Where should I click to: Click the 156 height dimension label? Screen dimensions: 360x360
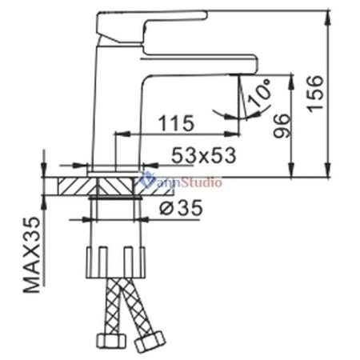[314, 94]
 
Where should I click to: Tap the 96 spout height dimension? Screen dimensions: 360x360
[282, 126]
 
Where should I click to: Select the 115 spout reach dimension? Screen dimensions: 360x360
[176, 123]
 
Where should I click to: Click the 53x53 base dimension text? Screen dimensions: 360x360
[204, 155]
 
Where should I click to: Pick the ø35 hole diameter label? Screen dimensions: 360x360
[181, 207]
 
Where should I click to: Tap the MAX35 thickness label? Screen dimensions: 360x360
[32, 254]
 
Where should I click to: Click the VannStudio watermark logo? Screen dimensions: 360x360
[182, 182]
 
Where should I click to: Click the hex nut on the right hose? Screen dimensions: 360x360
[150, 341]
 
